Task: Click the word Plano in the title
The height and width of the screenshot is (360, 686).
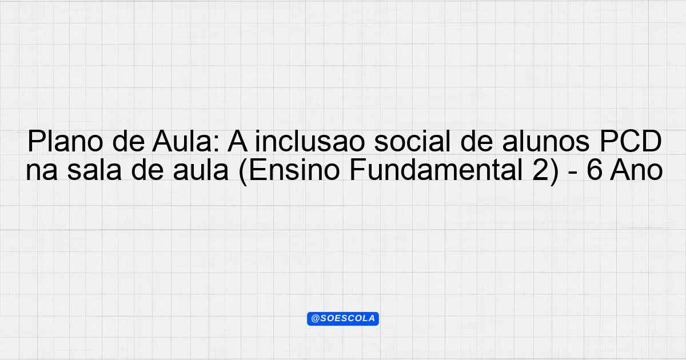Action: [x=65, y=141]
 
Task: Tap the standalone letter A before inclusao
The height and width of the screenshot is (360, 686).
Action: [x=237, y=141]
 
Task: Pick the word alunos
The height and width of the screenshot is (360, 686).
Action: [x=546, y=141]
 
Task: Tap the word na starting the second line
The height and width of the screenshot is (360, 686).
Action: [x=42, y=170]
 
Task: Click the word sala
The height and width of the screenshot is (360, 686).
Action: [x=94, y=170]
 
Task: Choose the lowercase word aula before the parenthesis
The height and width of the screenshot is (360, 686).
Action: [x=201, y=170]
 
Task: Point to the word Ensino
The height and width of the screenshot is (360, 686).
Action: [x=294, y=170]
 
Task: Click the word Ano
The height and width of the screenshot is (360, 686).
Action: [x=636, y=170]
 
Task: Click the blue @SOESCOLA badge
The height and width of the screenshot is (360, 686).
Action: [x=343, y=319]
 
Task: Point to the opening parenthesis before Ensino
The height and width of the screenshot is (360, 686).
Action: [x=243, y=172]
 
